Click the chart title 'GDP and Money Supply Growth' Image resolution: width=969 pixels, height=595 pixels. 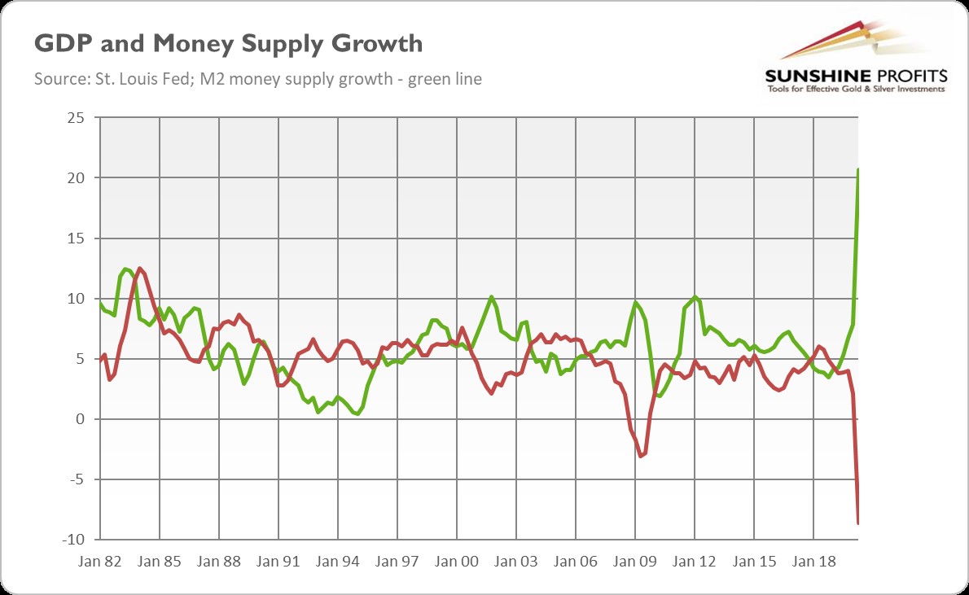tap(228, 43)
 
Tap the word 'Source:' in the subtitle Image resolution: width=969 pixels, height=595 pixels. tap(57, 79)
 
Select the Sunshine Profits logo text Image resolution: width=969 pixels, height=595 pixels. tap(855, 76)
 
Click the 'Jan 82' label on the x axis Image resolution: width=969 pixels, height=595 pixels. tap(100, 561)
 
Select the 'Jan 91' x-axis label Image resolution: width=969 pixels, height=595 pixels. tap(278, 561)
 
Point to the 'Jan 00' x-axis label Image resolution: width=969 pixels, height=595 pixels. tap(457, 561)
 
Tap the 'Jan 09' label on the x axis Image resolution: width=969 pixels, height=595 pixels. tap(635, 561)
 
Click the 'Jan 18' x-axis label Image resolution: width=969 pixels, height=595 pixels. tap(813, 561)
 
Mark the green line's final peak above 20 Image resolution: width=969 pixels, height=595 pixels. tap(858, 169)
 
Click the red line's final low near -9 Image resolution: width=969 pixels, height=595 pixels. tap(858, 523)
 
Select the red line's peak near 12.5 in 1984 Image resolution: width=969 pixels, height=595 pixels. tap(139, 268)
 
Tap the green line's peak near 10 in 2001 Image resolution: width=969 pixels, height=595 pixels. tap(491, 297)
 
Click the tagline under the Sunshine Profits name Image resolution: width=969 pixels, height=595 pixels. tap(855, 89)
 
